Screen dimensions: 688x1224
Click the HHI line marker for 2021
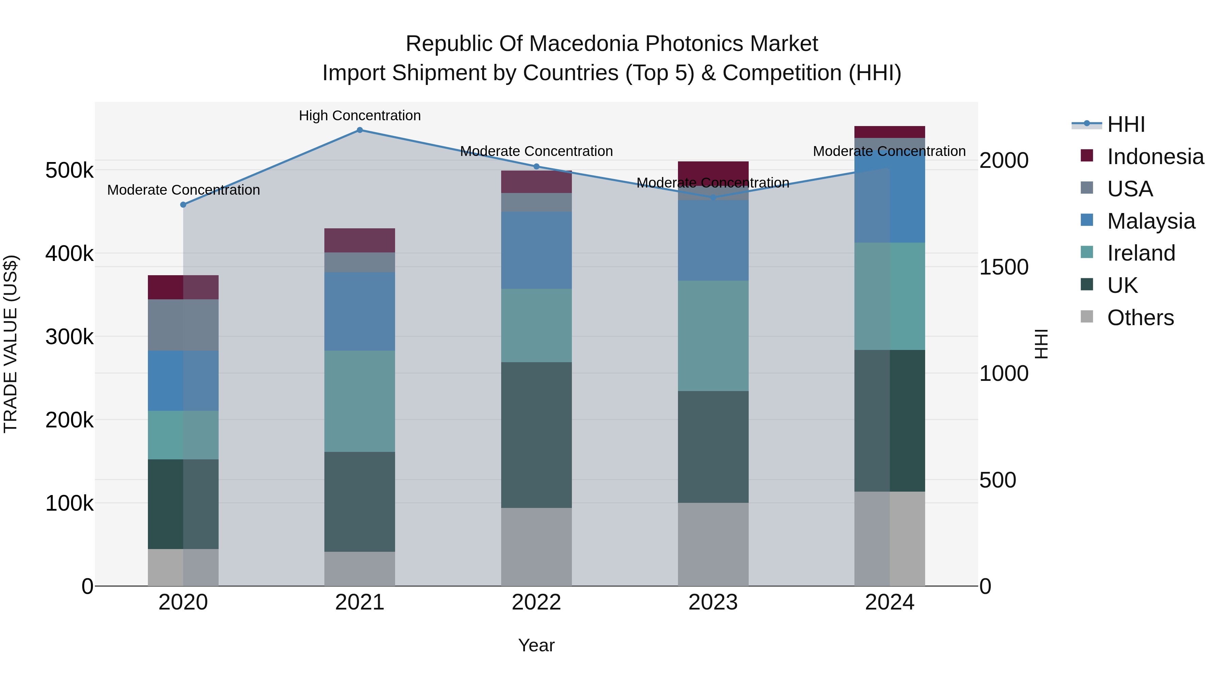pyautogui.click(x=360, y=130)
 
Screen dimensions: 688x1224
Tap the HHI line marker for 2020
pyautogui.click(x=183, y=205)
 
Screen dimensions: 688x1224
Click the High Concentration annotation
pyautogui.click(x=360, y=116)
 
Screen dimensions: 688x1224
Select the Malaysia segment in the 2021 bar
pyautogui.click(x=360, y=312)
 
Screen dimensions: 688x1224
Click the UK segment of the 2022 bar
pyautogui.click(x=537, y=435)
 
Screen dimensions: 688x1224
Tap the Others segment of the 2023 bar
pyautogui.click(x=713, y=544)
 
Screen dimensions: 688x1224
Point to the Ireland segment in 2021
pyautogui.click(x=360, y=401)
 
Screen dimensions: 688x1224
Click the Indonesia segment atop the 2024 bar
pyautogui.click(x=889, y=132)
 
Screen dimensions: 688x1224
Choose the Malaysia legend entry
pyautogui.click(x=1150, y=221)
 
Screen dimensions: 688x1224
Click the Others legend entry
pyautogui.click(x=1140, y=318)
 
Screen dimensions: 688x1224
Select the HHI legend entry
pyautogui.click(x=1125, y=124)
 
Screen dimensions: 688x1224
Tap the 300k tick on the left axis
pyautogui.click(x=69, y=337)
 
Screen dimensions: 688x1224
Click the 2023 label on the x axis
pyautogui.click(x=713, y=602)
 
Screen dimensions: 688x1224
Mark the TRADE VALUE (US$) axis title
pyautogui.click(x=11, y=344)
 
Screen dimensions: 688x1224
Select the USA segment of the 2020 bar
pyautogui.click(x=183, y=325)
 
